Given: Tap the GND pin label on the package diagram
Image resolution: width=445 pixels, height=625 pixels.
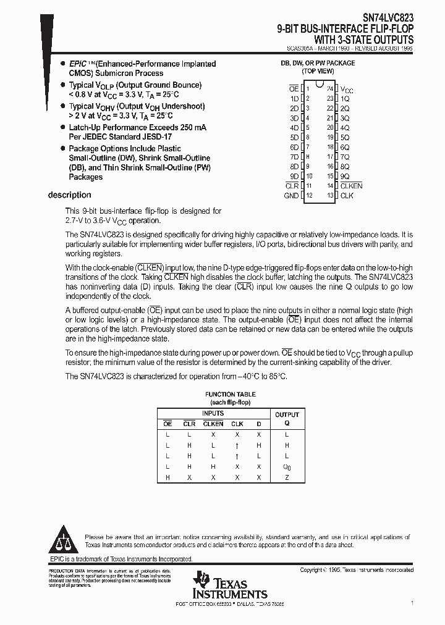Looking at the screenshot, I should coord(291,196).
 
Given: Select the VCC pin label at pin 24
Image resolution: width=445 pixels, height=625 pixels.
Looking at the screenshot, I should coord(347,90).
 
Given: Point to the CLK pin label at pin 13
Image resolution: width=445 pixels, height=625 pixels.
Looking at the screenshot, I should coord(347,196).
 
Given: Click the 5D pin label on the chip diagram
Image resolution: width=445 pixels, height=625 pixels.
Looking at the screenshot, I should coord(294,137).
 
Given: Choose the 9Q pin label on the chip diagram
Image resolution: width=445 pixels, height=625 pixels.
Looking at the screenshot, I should coord(345,176).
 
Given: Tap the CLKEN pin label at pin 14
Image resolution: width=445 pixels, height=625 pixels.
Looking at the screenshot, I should coord(351,186).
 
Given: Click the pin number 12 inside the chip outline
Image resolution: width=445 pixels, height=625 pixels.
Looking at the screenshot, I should coord(309,196).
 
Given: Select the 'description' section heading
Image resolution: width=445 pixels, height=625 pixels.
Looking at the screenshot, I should coord(69,195).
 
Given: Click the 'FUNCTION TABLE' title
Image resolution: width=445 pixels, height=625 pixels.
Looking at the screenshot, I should coord(231,394).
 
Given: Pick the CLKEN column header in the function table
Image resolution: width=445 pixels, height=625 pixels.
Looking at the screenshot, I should coord(213,424).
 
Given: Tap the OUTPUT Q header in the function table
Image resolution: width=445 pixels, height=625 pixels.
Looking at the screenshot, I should coord(287,419).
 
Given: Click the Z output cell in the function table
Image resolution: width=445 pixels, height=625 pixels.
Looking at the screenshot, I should coord(287,477).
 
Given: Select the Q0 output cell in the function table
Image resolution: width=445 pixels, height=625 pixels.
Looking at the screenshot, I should coord(287,467).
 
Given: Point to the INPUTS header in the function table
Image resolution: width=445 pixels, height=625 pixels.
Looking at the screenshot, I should coord(213,413).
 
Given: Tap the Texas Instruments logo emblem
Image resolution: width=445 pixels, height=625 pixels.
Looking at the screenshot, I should coord(202,581).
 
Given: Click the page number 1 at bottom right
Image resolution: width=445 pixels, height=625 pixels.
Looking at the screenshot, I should coord(412,601).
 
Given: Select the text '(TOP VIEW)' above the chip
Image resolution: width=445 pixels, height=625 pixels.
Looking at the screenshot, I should coord(318,72).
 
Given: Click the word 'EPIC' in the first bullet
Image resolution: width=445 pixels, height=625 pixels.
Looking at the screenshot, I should coord(78,64).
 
